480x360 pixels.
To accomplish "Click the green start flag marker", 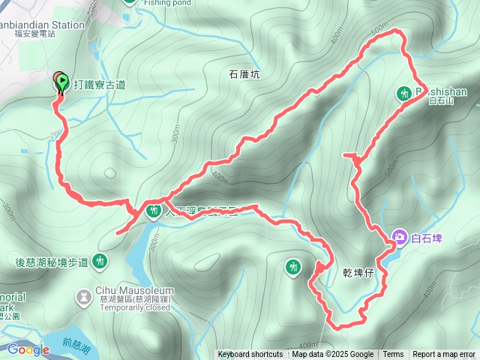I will (61, 81).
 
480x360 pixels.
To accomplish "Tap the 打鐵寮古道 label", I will (99, 85).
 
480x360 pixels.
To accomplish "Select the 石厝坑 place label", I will (244, 74).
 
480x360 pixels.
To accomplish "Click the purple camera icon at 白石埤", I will (399, 238).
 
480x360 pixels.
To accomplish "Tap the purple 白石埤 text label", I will (427, 238).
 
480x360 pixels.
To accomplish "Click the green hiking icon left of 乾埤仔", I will (293, 266).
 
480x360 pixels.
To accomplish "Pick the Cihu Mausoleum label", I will (135, 290).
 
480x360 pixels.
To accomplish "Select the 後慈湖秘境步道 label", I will (52, 262).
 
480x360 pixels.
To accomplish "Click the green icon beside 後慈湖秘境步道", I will (100, 262).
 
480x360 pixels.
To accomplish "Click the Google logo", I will (28, 349).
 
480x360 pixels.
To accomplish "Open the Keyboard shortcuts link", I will (250, 355).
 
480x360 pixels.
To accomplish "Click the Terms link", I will (393, 355).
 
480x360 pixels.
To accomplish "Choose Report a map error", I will (444, 355).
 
